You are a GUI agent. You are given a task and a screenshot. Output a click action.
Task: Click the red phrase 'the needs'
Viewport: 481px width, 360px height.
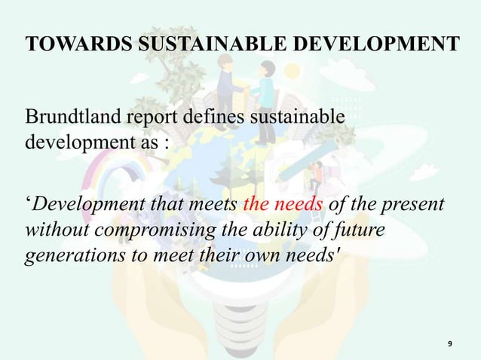(x=275, y=206)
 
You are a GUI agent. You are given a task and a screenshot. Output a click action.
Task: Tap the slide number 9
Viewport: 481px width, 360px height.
(x=449, y=344)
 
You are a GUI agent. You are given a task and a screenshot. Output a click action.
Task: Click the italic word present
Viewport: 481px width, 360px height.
(x=419, y=206)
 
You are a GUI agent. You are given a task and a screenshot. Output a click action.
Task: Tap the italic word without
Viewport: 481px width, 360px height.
(x=50, y=230)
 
